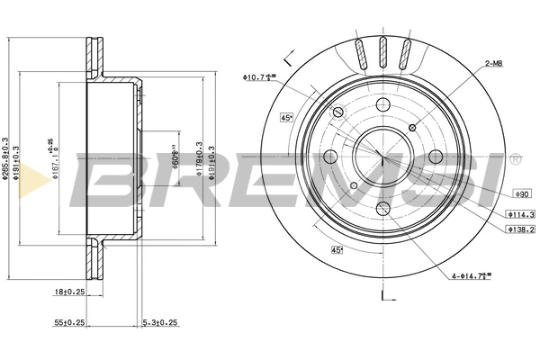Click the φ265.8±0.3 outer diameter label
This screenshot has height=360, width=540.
6,159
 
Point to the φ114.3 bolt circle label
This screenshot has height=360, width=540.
520,214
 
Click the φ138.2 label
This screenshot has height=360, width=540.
520,230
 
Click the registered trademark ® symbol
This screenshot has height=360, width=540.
515,158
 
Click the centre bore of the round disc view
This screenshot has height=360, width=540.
382,154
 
